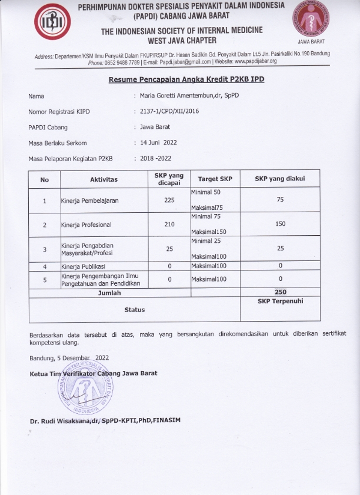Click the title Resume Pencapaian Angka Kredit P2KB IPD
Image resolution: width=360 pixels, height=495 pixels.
tap(186, 79)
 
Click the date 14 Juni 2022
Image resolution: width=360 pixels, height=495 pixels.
tap(158, 142)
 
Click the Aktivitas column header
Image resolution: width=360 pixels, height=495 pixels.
tap(104, 179)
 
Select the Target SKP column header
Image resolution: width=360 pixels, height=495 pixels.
tap(215, 179)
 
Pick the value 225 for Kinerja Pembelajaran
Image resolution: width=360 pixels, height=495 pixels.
tap(169, 200)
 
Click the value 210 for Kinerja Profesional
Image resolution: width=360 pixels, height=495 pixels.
tap(169, 224)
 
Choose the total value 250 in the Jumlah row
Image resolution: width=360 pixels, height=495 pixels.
tap(281, 292)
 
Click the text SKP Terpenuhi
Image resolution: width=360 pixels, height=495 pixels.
tap(280, 300)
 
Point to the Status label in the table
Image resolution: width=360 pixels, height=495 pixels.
tap(134, 309)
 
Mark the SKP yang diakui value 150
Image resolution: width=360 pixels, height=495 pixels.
tap(280, 224)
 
